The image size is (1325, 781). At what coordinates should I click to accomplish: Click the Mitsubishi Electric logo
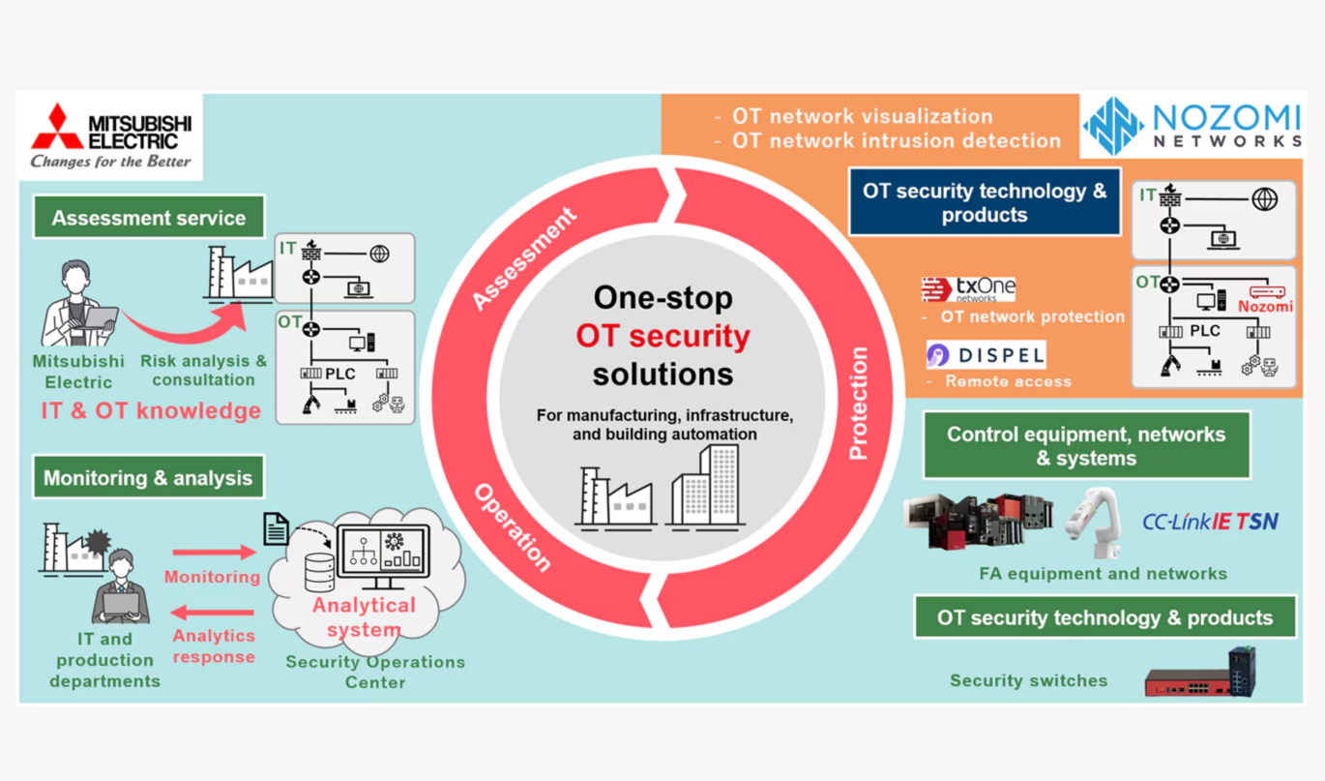click(110, 135)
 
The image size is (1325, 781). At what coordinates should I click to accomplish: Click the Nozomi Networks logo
click(1192, 128)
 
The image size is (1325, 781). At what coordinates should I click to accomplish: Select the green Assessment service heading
click(148, 218)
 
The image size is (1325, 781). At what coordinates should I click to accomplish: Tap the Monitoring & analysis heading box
click(148, 478)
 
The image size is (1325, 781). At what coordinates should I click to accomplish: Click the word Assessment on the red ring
click(523, 258)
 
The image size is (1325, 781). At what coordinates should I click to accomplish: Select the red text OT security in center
click(662, 336)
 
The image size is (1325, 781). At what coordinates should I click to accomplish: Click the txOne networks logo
click(967, 289)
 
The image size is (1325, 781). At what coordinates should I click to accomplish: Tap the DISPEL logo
click(985, 355)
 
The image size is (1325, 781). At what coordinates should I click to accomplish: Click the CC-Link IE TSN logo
click(1210, 522)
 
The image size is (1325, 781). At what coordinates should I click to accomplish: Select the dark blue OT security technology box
click(984, 202)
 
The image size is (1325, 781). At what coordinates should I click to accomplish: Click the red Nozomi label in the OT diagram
click(1265, 307)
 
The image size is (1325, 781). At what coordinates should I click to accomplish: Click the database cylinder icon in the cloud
click(319, 571)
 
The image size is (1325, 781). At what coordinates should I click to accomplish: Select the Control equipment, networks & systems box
click(1086, 445)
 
